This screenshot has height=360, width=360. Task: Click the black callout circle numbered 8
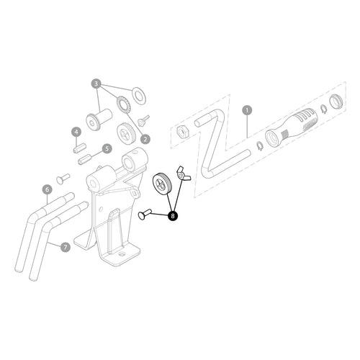173,216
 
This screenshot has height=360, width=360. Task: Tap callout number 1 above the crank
247,110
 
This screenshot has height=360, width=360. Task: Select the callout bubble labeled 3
96,84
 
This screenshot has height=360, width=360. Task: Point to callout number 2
145,139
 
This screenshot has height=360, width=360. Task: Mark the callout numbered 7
66,247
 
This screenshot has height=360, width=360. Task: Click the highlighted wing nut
183,174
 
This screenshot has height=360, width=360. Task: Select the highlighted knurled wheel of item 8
161,184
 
